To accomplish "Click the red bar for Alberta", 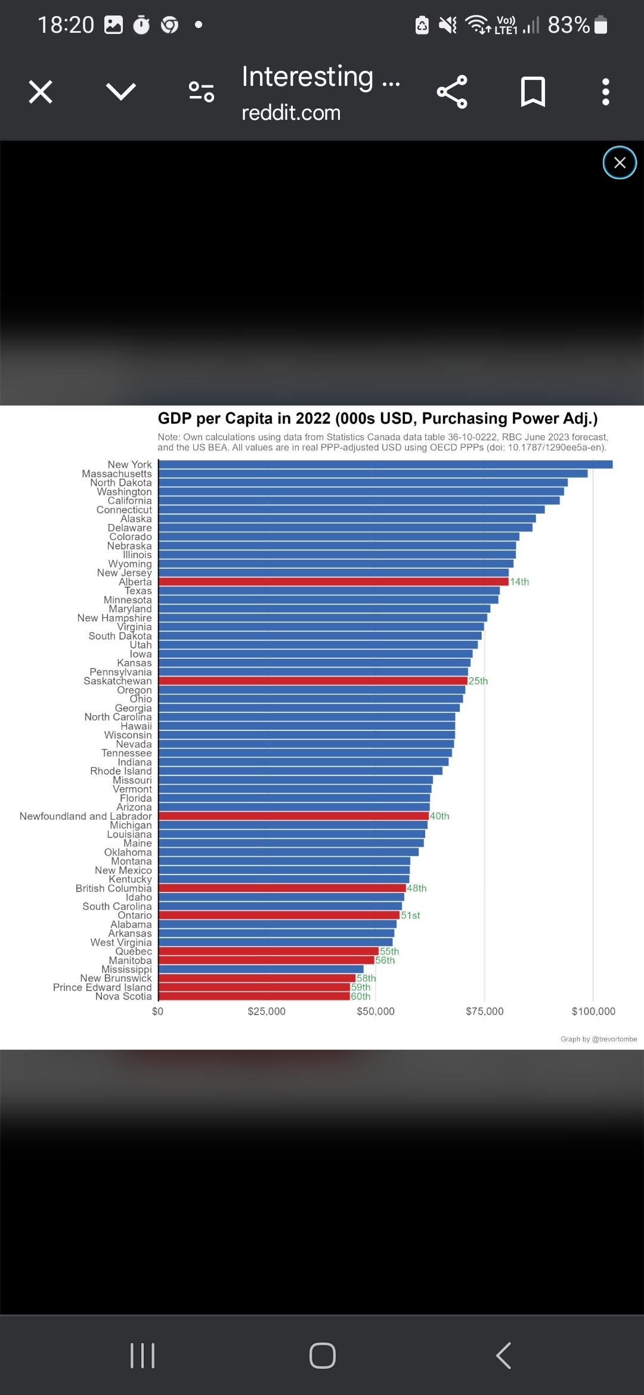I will (334, 582).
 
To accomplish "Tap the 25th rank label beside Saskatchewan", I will (478, 681).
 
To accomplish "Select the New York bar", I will (385, 464).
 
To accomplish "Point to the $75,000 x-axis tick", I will (485, 1011).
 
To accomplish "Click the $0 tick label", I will (157, 1011).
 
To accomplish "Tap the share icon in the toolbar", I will (452, 92).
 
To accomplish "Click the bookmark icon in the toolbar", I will (532, 92).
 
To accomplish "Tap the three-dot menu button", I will (606, 92).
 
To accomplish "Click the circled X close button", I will (620, 163).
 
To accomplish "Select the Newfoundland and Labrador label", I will (86, 816).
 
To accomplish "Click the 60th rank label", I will (361, 996).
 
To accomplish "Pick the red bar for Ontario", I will (279, 915).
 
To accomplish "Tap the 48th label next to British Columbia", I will (417, 888).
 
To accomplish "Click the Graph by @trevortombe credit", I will (599, 1039).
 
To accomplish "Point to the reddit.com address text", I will (291, 113).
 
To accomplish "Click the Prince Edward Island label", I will (103, 987).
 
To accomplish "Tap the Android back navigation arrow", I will (504, 1355).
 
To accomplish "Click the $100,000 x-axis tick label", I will (593, 1011).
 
